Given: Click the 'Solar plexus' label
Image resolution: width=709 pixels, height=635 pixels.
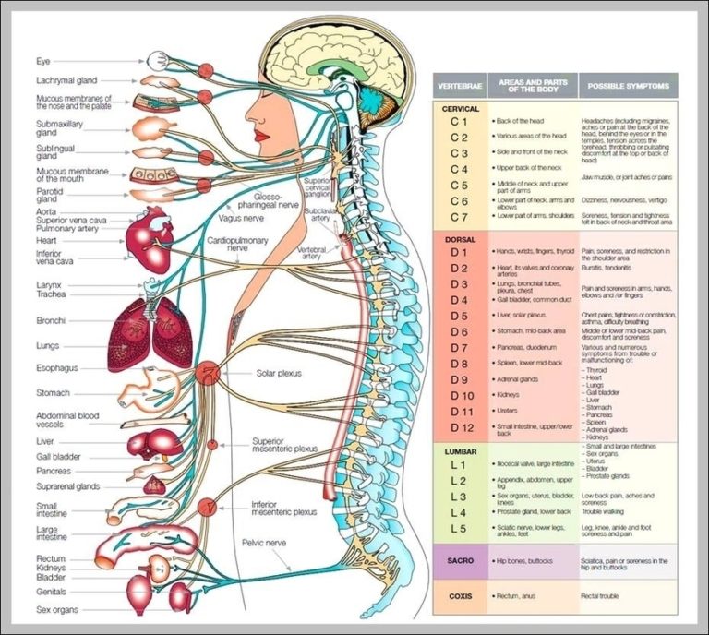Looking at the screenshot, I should pyautogui.click(x=281, y=374).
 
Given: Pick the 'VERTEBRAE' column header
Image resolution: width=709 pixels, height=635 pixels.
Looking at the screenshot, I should pyautogui.click(x=459, y=86).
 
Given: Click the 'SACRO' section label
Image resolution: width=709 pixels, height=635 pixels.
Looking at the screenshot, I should pyautogui.click(x=460, y=560).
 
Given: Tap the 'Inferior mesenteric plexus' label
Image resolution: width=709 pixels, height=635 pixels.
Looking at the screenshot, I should pyautogui.click(x=283, y=508).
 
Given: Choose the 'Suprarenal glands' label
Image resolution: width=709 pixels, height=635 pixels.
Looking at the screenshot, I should pyautogui.click(x=68, y=486).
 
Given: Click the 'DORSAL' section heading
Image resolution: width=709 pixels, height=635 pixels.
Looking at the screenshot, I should pyautogui.click(x=461, y=238).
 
